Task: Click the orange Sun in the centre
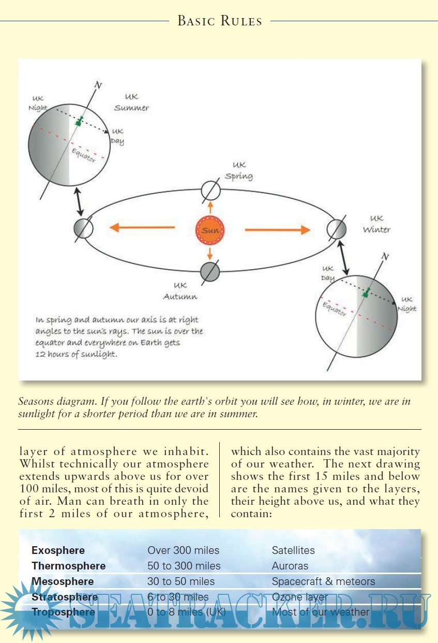[x=210, y=230]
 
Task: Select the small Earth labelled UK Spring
[x=210, y=191]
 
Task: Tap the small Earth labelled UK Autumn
[x=210, y=271]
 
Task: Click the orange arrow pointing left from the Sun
[x=141, y=227]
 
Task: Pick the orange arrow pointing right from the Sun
[x=277, y=229]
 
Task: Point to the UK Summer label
[x=131, y=103]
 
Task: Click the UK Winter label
[x=376, y=224]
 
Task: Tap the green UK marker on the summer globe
[x=79, y=122]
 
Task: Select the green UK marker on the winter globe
[x=366, y=294]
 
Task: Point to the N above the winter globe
[x=385, y=257]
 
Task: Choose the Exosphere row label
[x=58, y=550]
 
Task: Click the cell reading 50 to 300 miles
[x=184, y=566]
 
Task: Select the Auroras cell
[x=290, y=566]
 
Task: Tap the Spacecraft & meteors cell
[x=323, y=581]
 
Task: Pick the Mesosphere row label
[x=63, y=581]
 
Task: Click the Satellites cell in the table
[x=293, y=550]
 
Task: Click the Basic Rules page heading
[x=219, y=21]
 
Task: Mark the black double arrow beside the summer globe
[x=79, y=203]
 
